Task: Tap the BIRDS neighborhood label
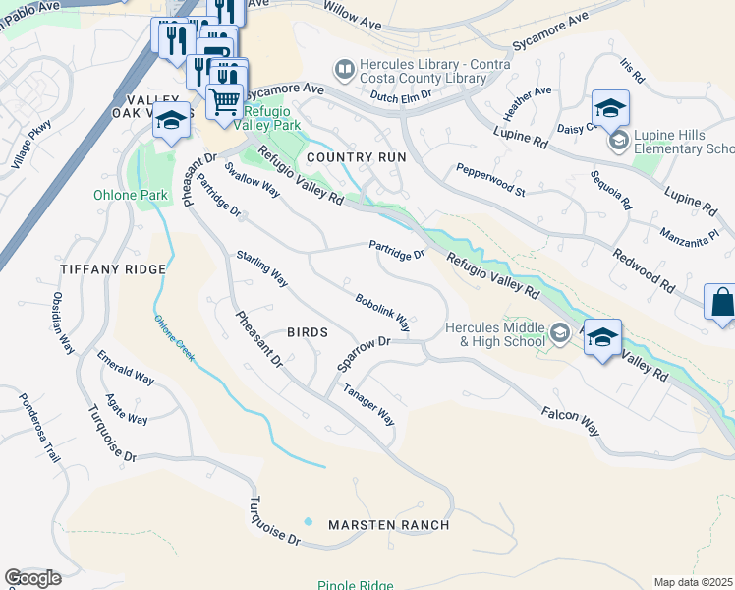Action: pyautogui.click(x=307, y=332)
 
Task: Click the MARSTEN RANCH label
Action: pyautogui.click(x=389, y=525)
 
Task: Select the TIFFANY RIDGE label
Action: pyautogui.click(x=113, y=268)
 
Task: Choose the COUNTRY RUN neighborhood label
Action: pyautogui.click(x=355, y=157)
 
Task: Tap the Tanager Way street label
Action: pyautogui.click(x=368, y=404)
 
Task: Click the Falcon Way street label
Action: pyautogui.click(x=570, y=424)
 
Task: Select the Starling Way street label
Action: pyautogui.click(x=261, y=268)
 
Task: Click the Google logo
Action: pyautogui.click(x=32, y=577)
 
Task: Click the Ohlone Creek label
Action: pyautogui.click(x=174, y=335)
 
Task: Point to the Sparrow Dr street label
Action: pyautogui.click(x=365, y=355)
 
